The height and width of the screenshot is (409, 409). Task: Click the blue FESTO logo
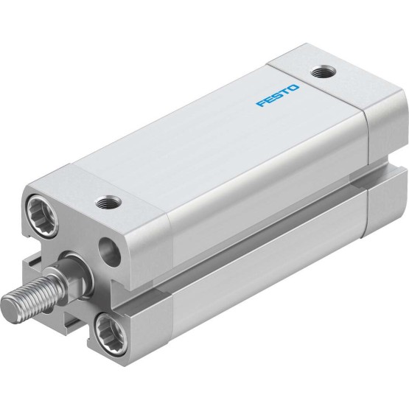pos(277,96)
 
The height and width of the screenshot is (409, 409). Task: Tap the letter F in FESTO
pos(262,103)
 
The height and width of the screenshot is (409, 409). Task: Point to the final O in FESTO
pos(293,88)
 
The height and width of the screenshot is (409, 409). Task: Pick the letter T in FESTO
pos(285,92)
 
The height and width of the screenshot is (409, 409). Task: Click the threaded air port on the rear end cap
pos(324,71)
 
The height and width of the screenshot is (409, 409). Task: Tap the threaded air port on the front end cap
pos(108,203)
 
